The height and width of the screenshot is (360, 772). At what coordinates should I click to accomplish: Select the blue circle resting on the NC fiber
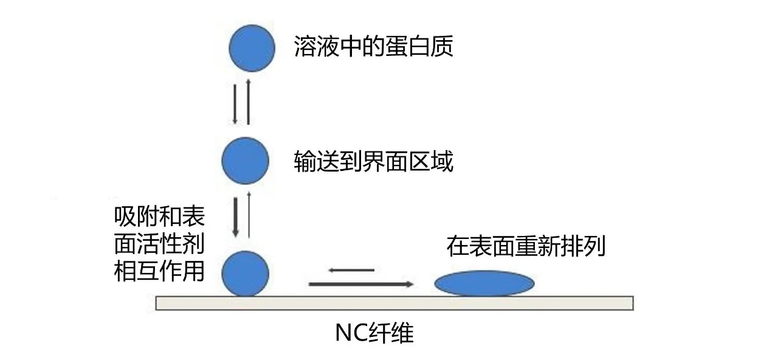click(245, 273)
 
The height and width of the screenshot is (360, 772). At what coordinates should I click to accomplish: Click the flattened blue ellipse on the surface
click(484, 283)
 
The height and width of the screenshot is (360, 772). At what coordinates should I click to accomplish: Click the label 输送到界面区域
click(373, 162)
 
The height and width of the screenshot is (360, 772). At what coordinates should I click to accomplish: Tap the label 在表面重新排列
click(526, 247)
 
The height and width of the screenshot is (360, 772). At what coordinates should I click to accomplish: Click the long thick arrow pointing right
click(361, 284)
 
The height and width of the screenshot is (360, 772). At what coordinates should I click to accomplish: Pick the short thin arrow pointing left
click(351, 270)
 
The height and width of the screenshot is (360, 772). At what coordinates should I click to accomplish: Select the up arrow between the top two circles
click(249, 102)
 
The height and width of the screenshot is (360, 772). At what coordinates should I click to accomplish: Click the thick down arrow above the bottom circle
click(236, 216)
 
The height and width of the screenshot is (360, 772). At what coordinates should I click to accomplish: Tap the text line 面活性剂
click(159, 244)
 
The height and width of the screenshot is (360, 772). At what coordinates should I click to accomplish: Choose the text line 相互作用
click(159, 271)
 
